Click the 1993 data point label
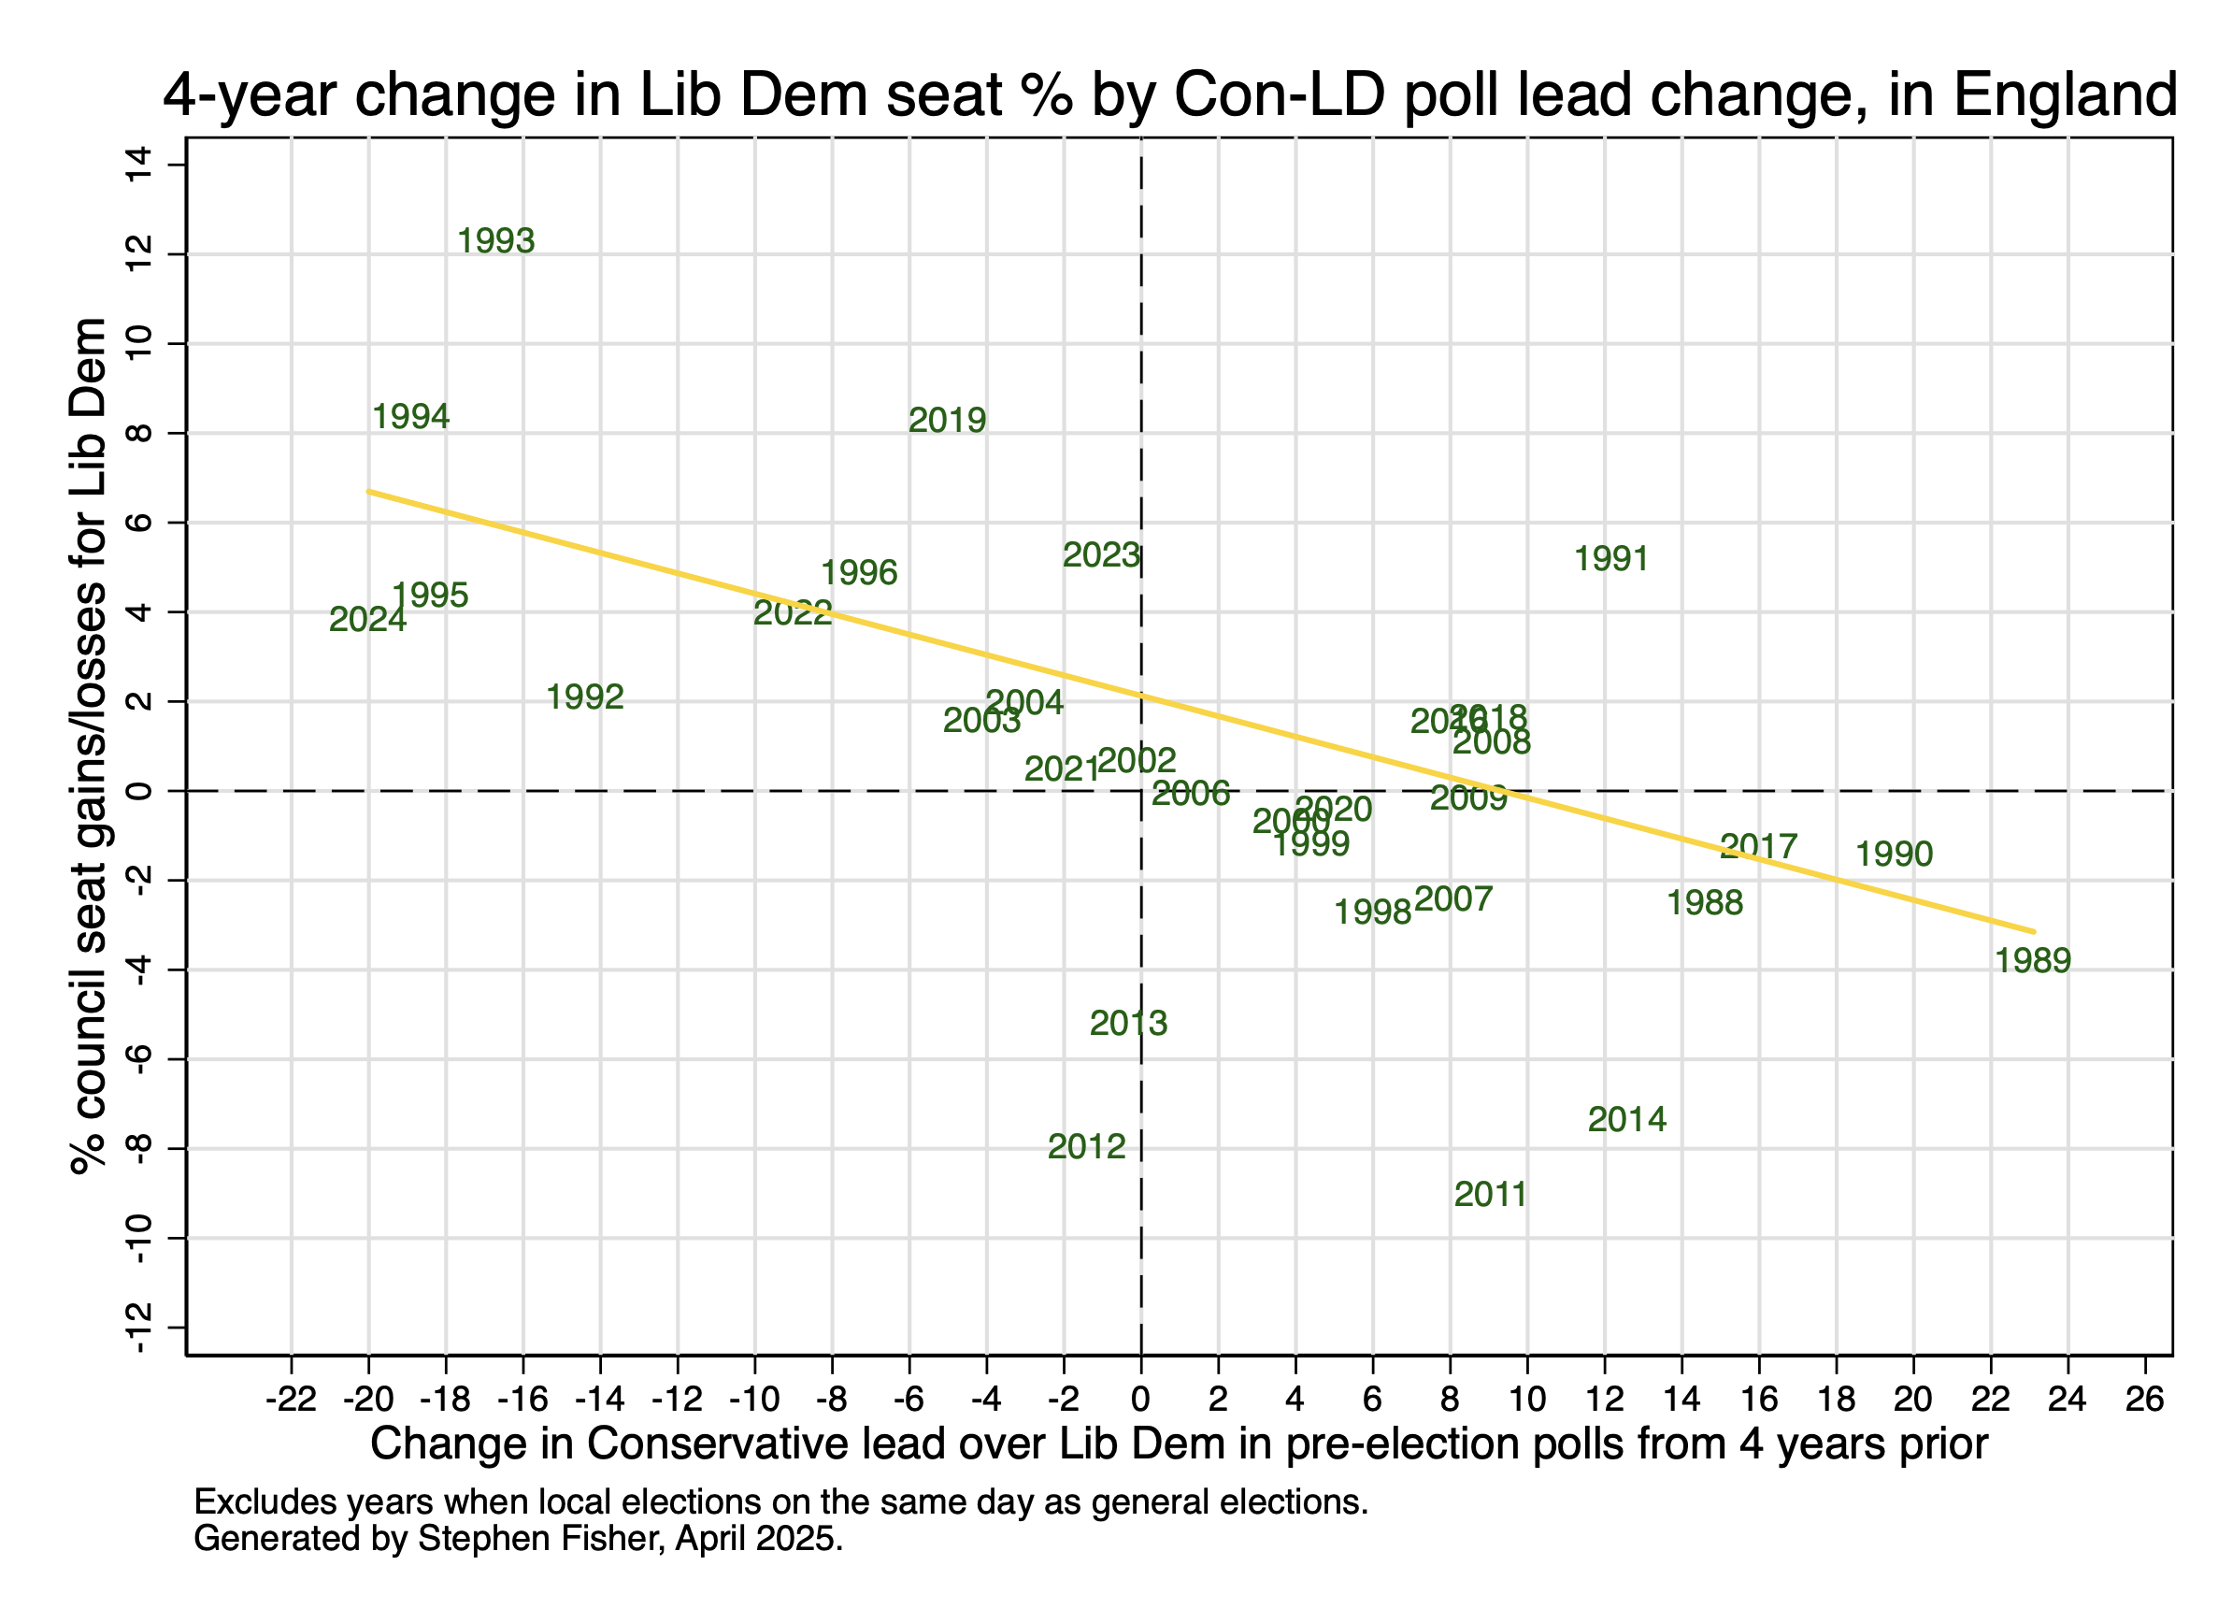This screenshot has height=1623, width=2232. point(496,241)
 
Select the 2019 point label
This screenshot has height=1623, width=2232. point(947,422)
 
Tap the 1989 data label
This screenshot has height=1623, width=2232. point(2032,960)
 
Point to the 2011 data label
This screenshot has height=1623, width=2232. point(1490,1195)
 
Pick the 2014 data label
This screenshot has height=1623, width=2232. point(1626,1120)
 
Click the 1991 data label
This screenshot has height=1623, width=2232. point(1611,559)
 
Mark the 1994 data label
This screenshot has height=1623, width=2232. point(410,417)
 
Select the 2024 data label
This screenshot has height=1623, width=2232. point(367,620)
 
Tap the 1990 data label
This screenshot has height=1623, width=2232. point(1895,855)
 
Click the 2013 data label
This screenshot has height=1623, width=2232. point(1128,1024)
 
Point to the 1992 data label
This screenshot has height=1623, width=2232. point(584,697)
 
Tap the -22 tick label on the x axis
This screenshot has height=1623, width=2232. point(292,1400)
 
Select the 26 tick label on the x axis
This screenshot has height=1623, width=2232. point(2144,1400)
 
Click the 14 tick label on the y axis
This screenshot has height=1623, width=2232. point(138,165)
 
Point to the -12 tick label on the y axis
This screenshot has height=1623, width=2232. point(138,1328)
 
